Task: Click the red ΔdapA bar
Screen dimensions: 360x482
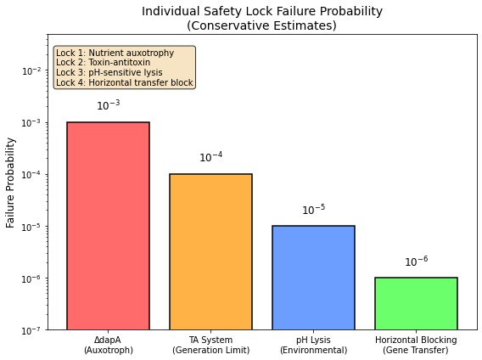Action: pyautogui.click(x=108, y=226)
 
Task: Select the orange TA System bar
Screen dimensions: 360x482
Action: pyautogui.click(x=210, y=251)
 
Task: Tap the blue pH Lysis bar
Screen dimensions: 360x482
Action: pyautogui.click(x=313, y=278)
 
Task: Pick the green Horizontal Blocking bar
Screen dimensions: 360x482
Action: pyautogui.click(x=416, y=303)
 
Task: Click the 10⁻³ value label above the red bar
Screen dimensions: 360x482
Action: pyautogui.click(x=108, y=106)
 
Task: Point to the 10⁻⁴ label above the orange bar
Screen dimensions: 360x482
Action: pyautogui.click(x=210, y=158)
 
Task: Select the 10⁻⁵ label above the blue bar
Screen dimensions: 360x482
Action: pyautogui.click(x=313, y=210)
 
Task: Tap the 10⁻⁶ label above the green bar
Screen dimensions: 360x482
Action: pyautogui.click(x=416, y=262)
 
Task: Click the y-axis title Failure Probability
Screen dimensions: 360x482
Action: pyautogui.click(x=11, y=182)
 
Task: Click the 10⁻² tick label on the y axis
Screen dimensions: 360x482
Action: pyautogui.click(x=31, y=71)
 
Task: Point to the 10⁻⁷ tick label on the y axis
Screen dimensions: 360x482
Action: pyautogui.click(x=31, y=330)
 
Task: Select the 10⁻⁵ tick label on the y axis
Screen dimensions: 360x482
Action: pyautogui.click(x=31, y=227)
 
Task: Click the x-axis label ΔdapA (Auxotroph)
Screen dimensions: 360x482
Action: pyautogui.click(x=108, y=345)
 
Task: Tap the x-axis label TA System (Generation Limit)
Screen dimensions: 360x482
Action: pyautogui.click(x=210, y=345)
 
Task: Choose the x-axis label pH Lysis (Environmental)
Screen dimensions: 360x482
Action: pyautogui.click(x=313, y=345)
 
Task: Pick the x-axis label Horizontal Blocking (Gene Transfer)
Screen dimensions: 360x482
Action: pyautogui.click(x=416, y=345)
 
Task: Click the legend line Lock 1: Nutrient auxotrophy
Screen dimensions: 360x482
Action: pyautogui.click(x=115, y=53)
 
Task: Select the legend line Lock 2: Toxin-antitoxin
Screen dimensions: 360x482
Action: pyautogui.click(x=103, y=63)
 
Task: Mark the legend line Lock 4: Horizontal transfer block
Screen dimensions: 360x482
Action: pyautogui.click(x=124, y=83)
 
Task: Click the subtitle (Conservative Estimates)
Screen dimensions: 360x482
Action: pyautogui.click(x=261, y=25)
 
